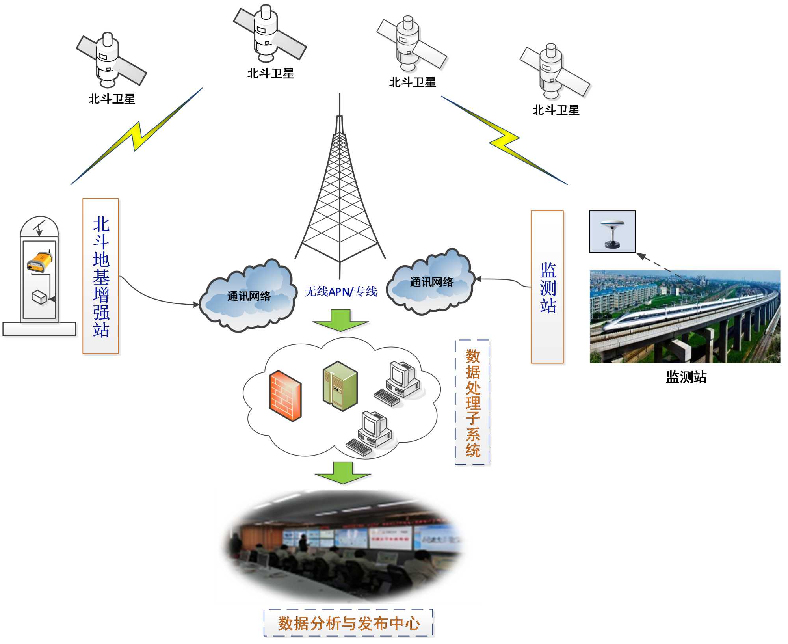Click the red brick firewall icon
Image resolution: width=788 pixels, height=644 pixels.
pyautogui.click(x=285, y=396)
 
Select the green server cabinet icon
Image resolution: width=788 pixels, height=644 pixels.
pyautogui.click(x=340, y=386)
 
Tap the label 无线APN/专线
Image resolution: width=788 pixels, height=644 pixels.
pyautogui.click(x=341, y=291)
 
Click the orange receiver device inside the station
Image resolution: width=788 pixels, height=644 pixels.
pyautogui.click(x=39, y=261)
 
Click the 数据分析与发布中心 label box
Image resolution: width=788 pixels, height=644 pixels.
pyautogui.click(x=348, y=623)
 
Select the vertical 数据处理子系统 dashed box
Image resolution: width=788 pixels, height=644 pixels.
pyautogui.click(x=472, y=402)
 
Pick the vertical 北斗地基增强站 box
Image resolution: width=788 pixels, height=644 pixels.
pyautogui.click(x=101, y=276)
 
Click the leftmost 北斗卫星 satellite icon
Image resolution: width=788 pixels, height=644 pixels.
pyautogui.click(x=110, y=61)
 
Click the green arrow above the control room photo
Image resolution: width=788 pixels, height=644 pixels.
pyautogui.click(x=343, y=473)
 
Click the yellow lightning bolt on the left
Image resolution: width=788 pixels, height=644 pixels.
pyautogui.click(x=136, y=136)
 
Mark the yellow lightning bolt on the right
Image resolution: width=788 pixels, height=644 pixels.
pyautogui.click(x=505, y=140)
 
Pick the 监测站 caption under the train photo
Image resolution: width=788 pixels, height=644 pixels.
pyautogui.click(x=686, y=377)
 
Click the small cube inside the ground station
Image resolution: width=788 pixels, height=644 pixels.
pyautogui.click(x=39, y=297)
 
